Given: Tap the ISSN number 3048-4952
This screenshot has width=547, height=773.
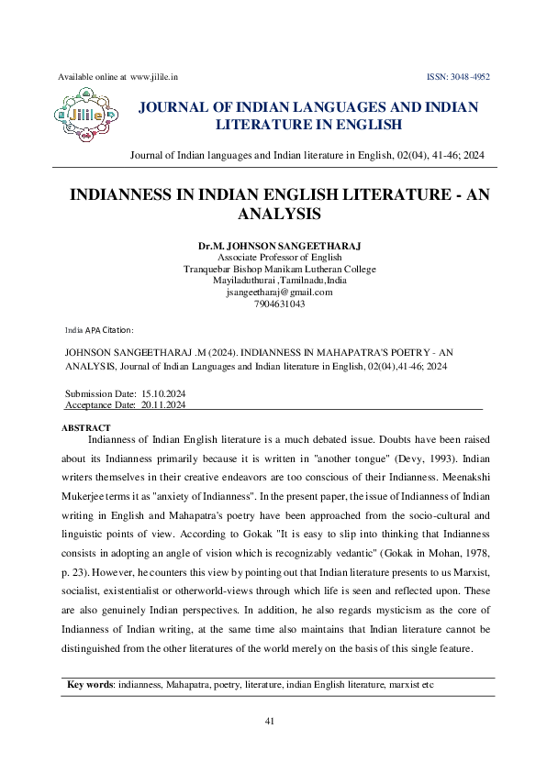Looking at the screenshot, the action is point(469,78).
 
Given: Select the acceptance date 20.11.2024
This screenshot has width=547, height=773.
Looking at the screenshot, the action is point(164,403).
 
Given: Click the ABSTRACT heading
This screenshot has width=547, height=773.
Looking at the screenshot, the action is point(85,428).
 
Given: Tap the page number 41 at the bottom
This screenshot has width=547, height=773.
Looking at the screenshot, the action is point(270,721).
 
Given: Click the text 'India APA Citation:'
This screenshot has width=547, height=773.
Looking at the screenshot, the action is point(99,329).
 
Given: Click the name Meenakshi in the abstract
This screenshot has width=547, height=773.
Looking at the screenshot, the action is point(457,478).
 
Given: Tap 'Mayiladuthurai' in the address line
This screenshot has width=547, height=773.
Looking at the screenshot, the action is point(242,281).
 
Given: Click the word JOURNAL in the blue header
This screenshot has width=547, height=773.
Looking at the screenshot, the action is point(173,107).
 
